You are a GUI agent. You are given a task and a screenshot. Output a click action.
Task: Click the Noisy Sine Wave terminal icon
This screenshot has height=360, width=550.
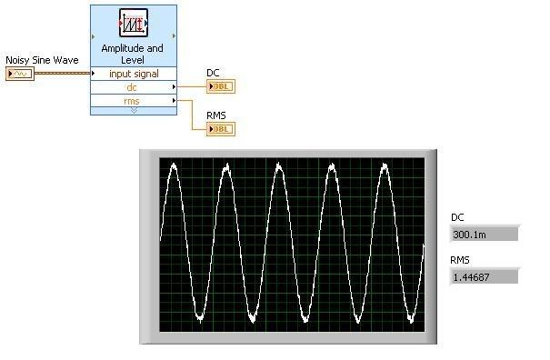tap(20, 74)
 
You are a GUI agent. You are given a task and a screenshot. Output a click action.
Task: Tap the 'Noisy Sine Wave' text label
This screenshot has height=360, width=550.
tap(42, 60)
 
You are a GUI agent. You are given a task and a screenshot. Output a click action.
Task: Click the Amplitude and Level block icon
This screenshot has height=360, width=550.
tap(134, 23)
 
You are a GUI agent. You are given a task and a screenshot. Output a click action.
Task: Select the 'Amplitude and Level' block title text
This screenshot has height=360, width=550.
tap(132, 54)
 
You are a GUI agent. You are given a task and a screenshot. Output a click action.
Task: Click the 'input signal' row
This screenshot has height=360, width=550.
tap(134, 74)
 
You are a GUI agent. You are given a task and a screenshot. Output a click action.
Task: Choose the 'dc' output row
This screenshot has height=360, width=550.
tap(134, 87)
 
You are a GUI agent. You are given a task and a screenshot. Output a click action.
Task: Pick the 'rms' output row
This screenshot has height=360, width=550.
tap(134, 101)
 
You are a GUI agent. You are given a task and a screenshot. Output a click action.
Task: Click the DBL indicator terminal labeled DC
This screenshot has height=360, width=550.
tap(221, 86)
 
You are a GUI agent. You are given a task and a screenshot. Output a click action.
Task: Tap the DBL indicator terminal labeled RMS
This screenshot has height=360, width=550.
tap(221, 129)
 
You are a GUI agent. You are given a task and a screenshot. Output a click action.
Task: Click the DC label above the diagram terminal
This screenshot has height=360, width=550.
tap(213, 73)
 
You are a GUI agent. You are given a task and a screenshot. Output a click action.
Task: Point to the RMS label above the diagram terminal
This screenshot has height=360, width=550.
tap(216, 115)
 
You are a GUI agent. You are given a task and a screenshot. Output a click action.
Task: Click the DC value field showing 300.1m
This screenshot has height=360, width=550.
tap(484, 234)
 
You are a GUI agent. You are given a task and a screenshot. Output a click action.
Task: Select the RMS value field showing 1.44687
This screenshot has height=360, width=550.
tap(484, 277)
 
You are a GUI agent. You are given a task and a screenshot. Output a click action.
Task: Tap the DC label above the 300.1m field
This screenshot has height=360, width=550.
tap(457, 217)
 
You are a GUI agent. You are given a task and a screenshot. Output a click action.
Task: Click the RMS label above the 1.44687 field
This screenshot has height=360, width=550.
tap(460, 260)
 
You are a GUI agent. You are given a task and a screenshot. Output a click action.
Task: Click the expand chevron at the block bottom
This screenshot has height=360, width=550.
tap(134, 111)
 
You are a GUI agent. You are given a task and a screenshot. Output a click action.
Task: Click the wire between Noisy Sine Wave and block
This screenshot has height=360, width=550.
tap(63, 74)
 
